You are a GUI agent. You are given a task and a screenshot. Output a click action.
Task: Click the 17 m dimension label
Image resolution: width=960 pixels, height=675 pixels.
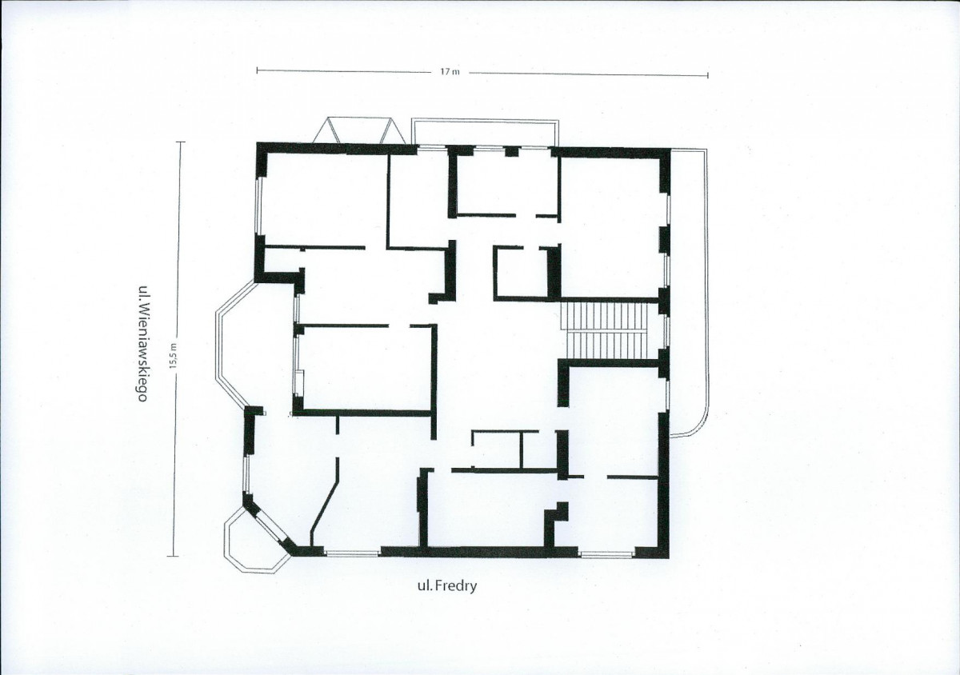coord(450,72)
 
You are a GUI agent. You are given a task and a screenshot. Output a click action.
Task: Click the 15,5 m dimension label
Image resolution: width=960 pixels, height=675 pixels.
coord(173,356)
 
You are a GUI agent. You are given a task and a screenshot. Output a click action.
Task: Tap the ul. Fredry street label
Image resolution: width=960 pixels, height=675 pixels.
coord(447,586)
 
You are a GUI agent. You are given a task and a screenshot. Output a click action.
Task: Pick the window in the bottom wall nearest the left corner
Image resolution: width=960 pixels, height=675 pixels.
coord(352,553)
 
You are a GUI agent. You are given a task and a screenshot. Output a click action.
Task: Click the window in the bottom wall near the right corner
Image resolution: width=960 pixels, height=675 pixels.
coord(606,554)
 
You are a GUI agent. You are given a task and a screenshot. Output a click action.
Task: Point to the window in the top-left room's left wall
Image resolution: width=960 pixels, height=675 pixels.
coord(259,206)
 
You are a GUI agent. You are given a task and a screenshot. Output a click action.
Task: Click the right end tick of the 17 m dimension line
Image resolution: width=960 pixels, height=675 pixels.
coord(707,75)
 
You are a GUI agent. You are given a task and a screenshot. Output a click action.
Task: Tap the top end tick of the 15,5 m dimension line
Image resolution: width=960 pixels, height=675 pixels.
coord(181,142)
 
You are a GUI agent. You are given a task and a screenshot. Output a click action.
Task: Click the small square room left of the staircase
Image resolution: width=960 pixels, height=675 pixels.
coord(522,272)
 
